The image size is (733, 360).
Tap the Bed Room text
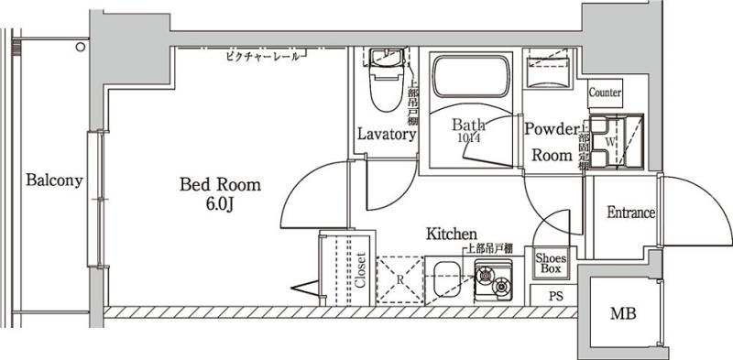pos(220,185)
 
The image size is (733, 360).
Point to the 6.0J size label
pos(220,203)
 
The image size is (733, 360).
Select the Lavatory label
pos(387,135)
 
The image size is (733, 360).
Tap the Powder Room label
pos(552,142)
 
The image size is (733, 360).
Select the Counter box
pos(606,93)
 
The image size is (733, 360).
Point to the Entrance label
pos(631,213)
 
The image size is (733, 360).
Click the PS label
pos(555,297)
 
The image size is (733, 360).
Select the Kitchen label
pos(451,235)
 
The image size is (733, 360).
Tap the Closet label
pos(360,270)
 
